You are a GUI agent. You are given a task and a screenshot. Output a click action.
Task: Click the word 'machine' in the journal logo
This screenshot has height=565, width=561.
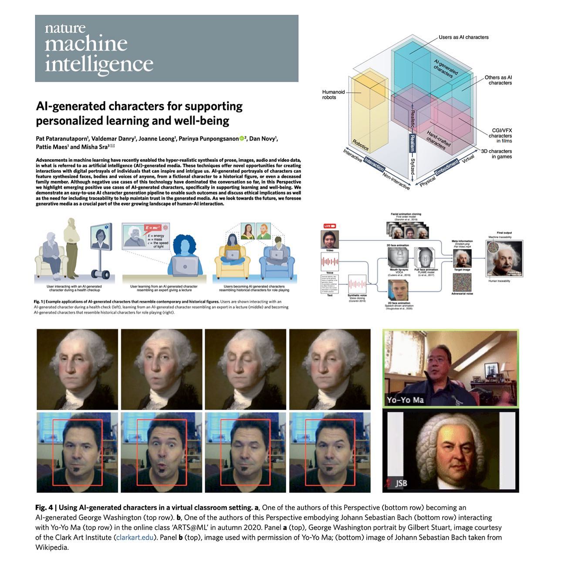pos(86,44)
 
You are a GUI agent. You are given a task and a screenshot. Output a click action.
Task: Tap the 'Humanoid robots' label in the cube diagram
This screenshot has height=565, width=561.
pos(333,94)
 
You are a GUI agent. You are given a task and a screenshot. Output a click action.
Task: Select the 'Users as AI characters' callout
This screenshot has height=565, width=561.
pos(463,37)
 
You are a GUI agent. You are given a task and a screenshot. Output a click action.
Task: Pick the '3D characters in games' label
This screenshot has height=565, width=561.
pos(496,154)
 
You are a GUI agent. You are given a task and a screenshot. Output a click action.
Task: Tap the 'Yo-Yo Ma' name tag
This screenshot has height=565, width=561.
pos(405,400)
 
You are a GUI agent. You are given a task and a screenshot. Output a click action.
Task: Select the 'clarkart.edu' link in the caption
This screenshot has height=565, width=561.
pos(136,537)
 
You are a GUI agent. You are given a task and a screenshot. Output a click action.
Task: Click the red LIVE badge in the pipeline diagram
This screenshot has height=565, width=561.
pos(330,226)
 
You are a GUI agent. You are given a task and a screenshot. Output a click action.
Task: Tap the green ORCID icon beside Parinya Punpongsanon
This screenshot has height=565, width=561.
pos(242,139)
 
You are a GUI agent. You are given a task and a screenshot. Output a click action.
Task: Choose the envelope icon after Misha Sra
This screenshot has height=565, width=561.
pos(112,147)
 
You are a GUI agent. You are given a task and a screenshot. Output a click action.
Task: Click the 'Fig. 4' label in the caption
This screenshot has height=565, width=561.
pos(44,508)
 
